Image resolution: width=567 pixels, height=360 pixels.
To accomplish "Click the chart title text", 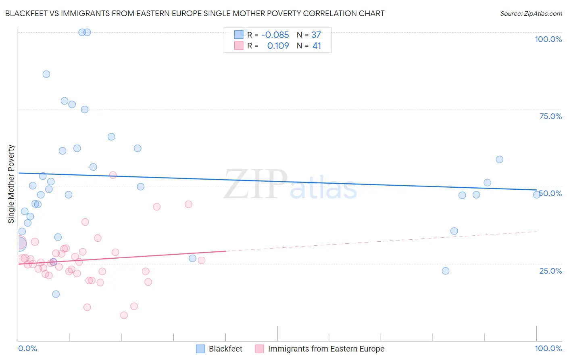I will tap(195, 13).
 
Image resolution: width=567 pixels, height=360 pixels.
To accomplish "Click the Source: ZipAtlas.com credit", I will tap(531, 13).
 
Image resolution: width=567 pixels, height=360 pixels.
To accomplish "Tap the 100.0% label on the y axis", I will tap(548, 39).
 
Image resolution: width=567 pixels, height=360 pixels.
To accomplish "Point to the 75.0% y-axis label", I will tap(550, 116).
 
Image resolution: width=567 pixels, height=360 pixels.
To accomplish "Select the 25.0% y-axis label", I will tap(550, 271).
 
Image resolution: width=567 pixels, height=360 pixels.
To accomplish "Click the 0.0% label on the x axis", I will tap(27, 348).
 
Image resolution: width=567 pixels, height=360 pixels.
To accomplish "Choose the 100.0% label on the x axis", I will tap(548, 348).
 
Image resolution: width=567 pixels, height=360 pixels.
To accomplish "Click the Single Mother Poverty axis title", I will tap(11, 184).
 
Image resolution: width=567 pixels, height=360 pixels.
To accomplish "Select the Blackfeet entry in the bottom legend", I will tap(225, 349).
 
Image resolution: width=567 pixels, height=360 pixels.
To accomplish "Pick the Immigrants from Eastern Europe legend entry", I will tap(326, 349).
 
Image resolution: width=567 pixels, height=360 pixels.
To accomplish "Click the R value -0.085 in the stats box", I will tap(275, 35).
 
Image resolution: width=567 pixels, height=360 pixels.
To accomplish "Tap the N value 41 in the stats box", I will tap(317, 46).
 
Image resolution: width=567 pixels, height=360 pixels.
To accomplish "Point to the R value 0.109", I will tap(278, 46).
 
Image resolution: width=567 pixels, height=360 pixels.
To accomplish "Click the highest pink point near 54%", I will tap(113, 175).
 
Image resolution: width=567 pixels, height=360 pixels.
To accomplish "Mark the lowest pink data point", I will tap(124, 315).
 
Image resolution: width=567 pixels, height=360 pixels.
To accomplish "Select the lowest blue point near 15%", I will tap(56, 294).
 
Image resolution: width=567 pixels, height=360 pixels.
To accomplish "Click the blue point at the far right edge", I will tap(537, 195).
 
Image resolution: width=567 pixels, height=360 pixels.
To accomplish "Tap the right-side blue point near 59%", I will tap(499, 159).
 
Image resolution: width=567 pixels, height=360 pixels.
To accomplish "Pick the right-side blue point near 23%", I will tap(446, 271).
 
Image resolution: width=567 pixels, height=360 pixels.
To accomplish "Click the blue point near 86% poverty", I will tap(46, 74).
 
